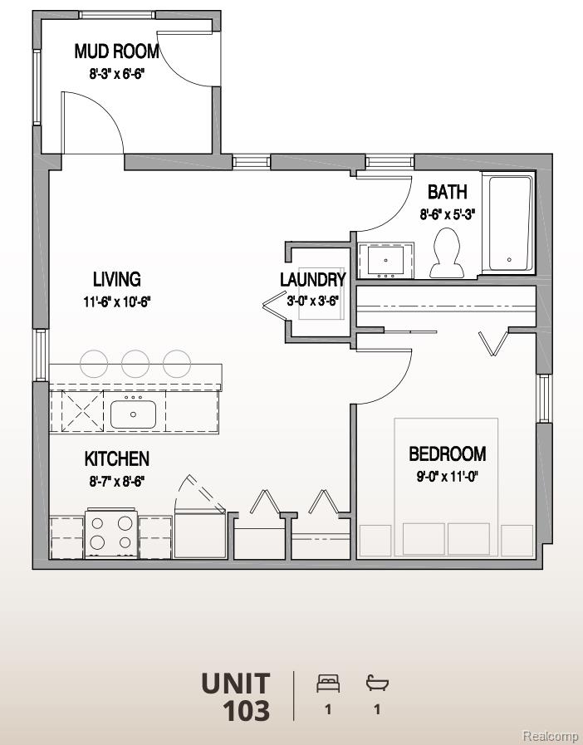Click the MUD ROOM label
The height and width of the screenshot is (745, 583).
[116, 51]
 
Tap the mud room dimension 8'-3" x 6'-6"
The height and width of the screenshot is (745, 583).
[116, 73]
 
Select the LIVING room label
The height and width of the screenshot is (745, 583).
[116, 280]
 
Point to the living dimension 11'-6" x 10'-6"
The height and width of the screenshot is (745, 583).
[116, 301]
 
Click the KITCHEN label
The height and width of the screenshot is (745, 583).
[116, 458]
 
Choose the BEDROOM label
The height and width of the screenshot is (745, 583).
[447, 454]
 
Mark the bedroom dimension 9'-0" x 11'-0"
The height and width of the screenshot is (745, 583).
[447, 476]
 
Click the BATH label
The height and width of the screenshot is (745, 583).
[447, 192]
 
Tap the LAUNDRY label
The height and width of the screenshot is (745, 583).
[312, 280]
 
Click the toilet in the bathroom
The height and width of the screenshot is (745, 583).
[448, 252]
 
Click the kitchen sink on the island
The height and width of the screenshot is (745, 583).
[133, 412]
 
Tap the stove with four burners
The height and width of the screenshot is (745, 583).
[111, 533]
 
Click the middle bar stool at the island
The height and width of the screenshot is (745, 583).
[135, 363]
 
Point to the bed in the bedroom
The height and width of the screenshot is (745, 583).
[446, 486]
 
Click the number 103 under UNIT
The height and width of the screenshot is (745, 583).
[246, 711]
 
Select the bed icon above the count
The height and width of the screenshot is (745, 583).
[328, 684]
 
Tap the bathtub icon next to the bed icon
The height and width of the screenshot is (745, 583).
[378, 684]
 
